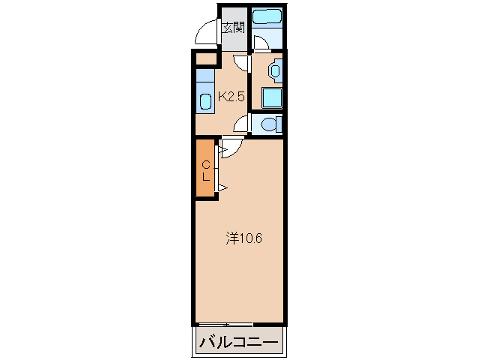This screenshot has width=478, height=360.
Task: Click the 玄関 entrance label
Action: click(x=233, y=28)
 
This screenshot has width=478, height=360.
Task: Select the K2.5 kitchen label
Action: click(x=232, y=96)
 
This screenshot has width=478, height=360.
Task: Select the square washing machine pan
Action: click(x=271, y=97)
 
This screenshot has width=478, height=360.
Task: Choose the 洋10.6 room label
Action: click(x=244, y=239)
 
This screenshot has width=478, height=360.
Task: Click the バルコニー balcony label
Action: click(x=238, y=343)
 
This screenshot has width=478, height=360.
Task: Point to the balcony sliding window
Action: click(x=226, y=323)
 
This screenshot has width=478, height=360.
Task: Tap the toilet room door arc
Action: click(x=242, y=124)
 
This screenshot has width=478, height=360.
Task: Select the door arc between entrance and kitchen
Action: click(x=240, y=63)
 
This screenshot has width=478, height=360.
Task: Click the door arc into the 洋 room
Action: click(x=231, y=148)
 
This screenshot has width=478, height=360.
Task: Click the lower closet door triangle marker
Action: click(x=222, y=187)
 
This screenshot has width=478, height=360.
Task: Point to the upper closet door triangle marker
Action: click(x=222, y=150)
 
